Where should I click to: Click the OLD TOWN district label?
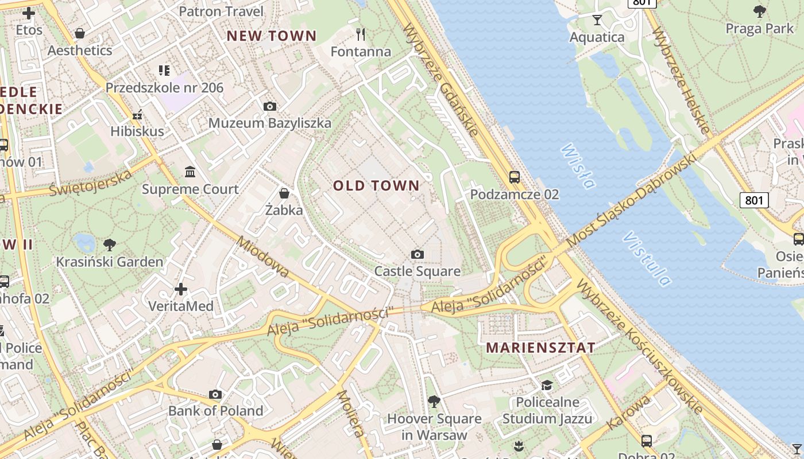pyautogui.click(x=376, y=185)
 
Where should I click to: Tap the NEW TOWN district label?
pyautogui.click(x=272, y=36)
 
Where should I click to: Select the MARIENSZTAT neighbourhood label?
pyautogui.click(x=540, y=348)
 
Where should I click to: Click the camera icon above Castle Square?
pyautogui.click(x=418, y=254)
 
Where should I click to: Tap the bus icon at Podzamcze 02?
pyautogui.click(x=515, y=177)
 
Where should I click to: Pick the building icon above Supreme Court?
pyautogui.click(x=190, y=172)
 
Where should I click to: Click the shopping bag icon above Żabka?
pyautogui.click(x=284, y=193)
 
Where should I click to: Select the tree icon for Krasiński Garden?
pyautogui.click(x=110, y=245)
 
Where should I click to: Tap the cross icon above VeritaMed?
pyautogui.click(x=181, y=289)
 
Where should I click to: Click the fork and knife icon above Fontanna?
pyautogui.click(x=361, y=34)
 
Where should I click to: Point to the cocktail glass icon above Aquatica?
pyautogui.click(x=597, y=20)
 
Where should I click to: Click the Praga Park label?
pyautogui.click(x=759, y=28)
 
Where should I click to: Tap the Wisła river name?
pyautogui.click(x=577, y=166)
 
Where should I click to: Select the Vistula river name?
pyautogui.click(x=647, y=258)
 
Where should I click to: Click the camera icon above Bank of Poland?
pyautogui.click(x=215, y=394)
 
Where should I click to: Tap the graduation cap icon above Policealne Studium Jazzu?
pyautogui.click(x=547, y=385)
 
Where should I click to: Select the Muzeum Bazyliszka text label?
pyautogui.click(x=269, y=123)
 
